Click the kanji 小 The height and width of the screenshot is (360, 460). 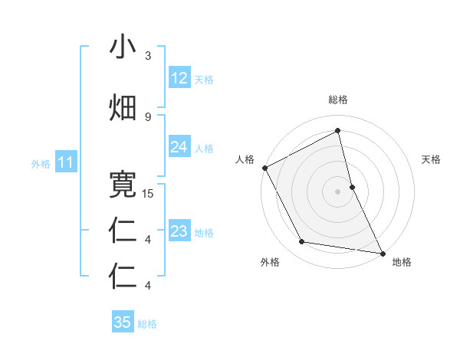tap(123, 47)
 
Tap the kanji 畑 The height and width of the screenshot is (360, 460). tap(123, 108)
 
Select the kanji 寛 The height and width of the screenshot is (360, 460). tap(123, 185)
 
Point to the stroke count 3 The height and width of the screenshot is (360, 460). tap(148, 56)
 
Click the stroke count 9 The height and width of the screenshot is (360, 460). tap(148, 116)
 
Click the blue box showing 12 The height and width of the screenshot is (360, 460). tap(179, 78)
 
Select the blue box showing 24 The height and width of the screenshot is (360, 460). tap(179, 147)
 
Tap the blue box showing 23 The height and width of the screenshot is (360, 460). tap(179, 231)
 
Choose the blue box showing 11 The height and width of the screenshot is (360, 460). tap(66, 162)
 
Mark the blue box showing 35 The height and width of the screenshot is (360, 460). tap(123, 322)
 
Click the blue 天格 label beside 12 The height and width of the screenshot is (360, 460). tap(204, 79)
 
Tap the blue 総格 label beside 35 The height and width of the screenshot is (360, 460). tap(148, 324)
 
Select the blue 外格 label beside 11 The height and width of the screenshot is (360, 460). tap(41, 163)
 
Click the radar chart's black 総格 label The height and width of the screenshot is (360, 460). tap(338, 100)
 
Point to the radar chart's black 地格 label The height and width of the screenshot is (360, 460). tap(402, 263)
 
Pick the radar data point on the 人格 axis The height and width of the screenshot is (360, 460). tap(264, 168)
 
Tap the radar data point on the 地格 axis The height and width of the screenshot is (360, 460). tap(382, 252)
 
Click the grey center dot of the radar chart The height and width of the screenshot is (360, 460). tap(338, 191)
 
